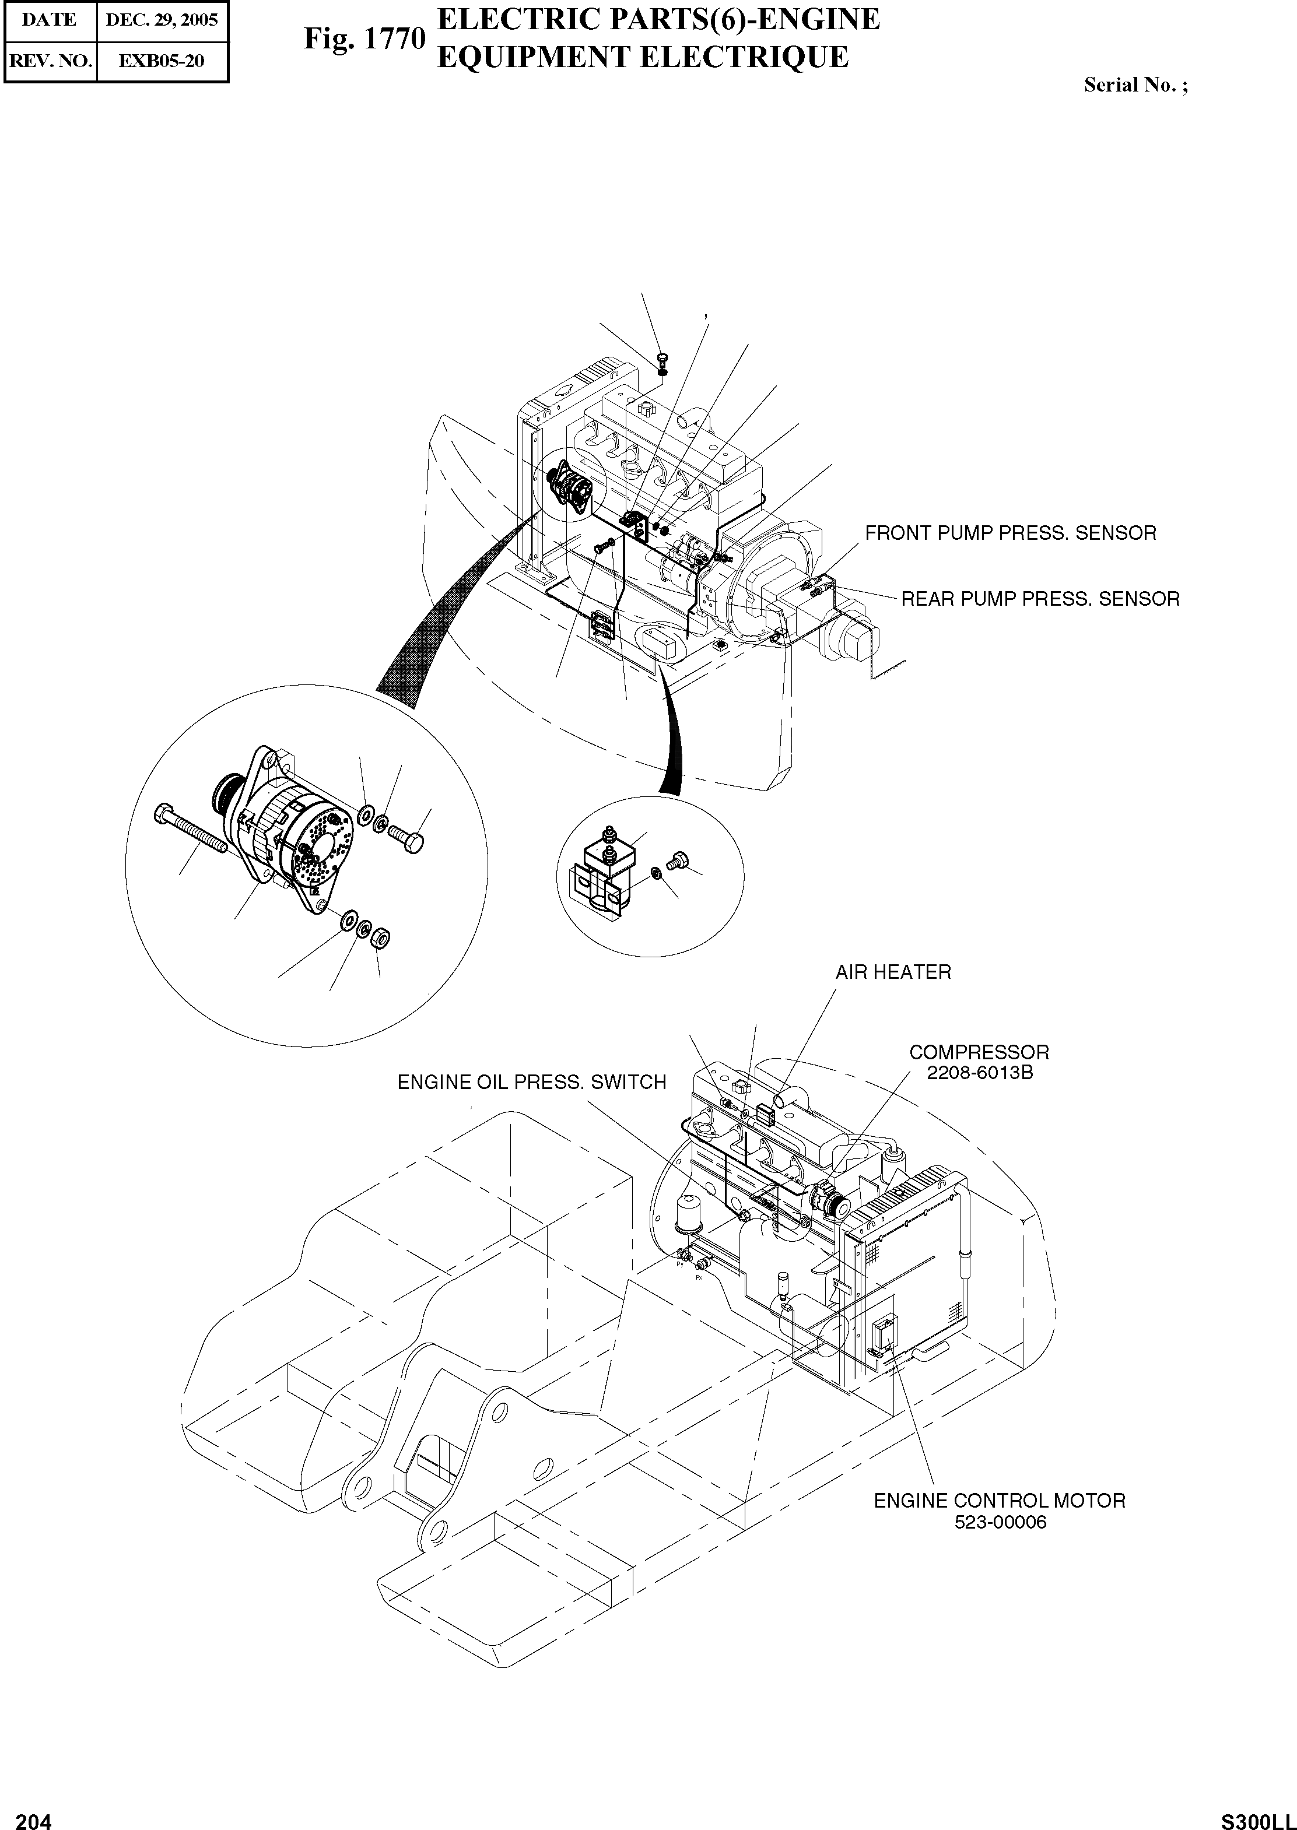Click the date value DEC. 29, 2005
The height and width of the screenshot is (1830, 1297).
(x=162, y=20)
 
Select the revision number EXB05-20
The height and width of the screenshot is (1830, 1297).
(x=162, y=61)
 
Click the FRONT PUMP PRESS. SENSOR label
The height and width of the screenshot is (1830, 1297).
(x=1010, y=533)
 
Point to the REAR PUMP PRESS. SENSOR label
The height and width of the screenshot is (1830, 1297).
(x=1040, y=599)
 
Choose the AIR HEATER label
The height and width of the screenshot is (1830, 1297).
(x=893, y=972)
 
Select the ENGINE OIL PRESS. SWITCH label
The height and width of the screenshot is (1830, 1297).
(x=532, y=1082)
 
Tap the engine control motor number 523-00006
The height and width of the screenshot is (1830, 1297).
(x=1000, y=1522)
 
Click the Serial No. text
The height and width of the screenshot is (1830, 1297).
(x=1135, y=86)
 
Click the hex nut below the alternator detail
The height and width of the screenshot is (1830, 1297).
(x=382, y=935)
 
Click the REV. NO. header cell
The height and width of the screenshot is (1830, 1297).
(x=50, y=61)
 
